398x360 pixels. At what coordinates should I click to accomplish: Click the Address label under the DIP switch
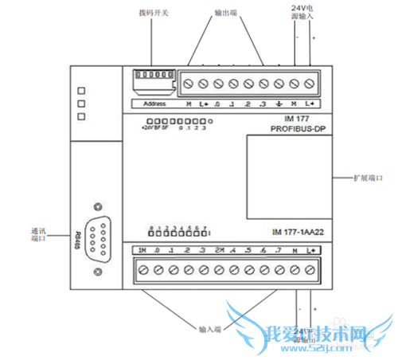(x=153, y=104)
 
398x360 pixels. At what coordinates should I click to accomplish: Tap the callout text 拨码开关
(x=153, y=14)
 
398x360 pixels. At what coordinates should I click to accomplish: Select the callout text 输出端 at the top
(x=229, y=14)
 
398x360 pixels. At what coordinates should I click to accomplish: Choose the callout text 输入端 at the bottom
(x=211, y=327)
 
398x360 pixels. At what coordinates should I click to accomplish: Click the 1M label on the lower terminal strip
(x=142, y=252)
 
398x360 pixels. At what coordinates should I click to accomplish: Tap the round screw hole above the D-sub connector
(x=97, y=205)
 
